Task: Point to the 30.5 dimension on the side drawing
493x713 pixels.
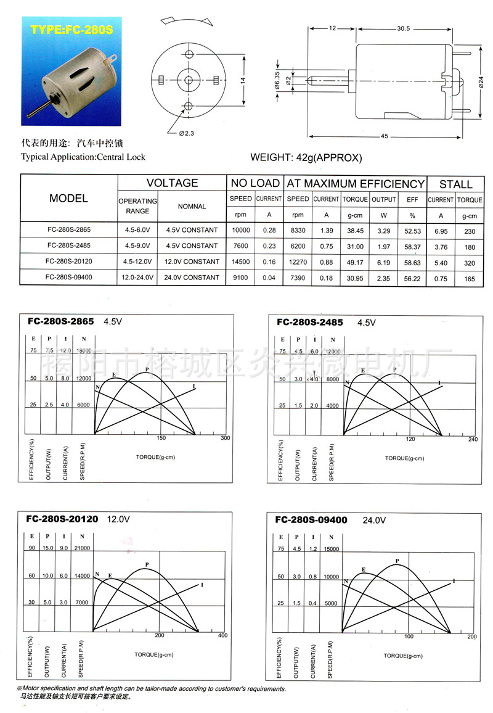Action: coord(404,28)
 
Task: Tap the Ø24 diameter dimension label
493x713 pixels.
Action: coord(481,81)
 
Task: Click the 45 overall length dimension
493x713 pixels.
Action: coord(385,136)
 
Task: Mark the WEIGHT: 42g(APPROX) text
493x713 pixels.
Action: coord(306,157)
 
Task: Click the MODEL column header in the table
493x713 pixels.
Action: coord(68,199)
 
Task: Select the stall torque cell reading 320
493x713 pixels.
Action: coord(470,261)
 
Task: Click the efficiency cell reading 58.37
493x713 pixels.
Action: coord(412,245)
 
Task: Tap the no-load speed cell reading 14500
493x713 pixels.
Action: coord(240,261)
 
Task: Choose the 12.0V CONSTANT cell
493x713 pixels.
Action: coord(192,261)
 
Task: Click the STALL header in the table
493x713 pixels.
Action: coord(455,184)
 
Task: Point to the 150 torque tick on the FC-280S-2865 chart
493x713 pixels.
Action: coord(161,439)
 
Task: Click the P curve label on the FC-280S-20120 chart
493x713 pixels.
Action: coord(147,564)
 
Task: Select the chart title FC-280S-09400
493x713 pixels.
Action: coord(311,520)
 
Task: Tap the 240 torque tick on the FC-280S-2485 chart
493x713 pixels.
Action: coord(473,439)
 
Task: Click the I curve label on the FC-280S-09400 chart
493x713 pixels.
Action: coord(454,580)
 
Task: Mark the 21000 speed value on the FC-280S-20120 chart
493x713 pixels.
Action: coord(82,548)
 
